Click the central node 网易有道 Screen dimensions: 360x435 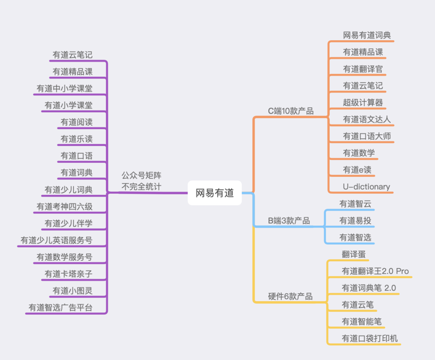click(x=215, y=193)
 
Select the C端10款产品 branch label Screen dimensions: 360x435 click(x=290, y=111)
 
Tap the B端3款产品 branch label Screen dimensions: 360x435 click(x=288, y=221)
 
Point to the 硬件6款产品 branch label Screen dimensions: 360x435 click(x=290, y=296)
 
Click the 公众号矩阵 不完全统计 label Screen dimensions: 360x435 click(x=141, y=181)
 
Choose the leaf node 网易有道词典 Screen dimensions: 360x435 click(x=366, y=35)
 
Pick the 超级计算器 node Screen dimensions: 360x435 click(x=362, y=102)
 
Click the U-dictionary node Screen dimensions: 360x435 click(x=366, y=187)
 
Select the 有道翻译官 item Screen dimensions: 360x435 click(x=362, y=69)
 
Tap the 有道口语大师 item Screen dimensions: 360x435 click(x=366, y=136)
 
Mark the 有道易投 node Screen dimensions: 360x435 click(x=355, y=220)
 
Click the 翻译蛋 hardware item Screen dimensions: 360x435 click(x=355, y=254)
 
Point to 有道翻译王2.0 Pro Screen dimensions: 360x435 click(x=375, y=271)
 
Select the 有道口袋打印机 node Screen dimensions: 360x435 click(x=370, y=338)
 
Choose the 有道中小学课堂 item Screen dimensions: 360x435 click(x=64, y=88)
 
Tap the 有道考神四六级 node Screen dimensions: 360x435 click(x=64, y=206)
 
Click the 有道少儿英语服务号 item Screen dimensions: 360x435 click(x=56, y=240)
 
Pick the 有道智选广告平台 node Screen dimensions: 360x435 click(x=60, y=308)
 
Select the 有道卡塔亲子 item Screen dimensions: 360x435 click(x=68, y=274)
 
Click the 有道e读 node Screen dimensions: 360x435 click(x=356, y=170)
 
